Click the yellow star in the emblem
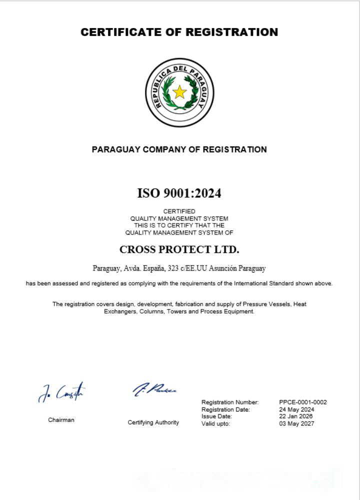pyautogui.click(x=179, y=92)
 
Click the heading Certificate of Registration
pyautogui.click(x=179, y=32)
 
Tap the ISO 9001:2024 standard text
pyautogui.click(x=179, y=193)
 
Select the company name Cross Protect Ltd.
pyautogui.click(x=179, y=249)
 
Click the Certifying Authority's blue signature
pyautogui.click(x=154, y=389)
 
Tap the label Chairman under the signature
pyautogui.click(x=61, y=420)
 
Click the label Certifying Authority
pyautogui.click(x=153, y=422)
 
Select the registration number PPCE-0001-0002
pyautogui.click(x=303, y=402)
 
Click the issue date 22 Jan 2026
pyautogui.click(x=296, y=416)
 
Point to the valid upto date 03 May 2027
pyautogui.click(x=297, y=424)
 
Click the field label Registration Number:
pyautogui.click(x=230, y=402)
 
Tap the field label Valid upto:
pyautogui.click(x=215, y=424)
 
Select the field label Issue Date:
pyautogui.click(x=216, y=416)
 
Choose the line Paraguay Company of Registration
pyautogui.click(x=179, y=149)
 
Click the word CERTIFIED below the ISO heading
pyautogui.click(x=179, y=211)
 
